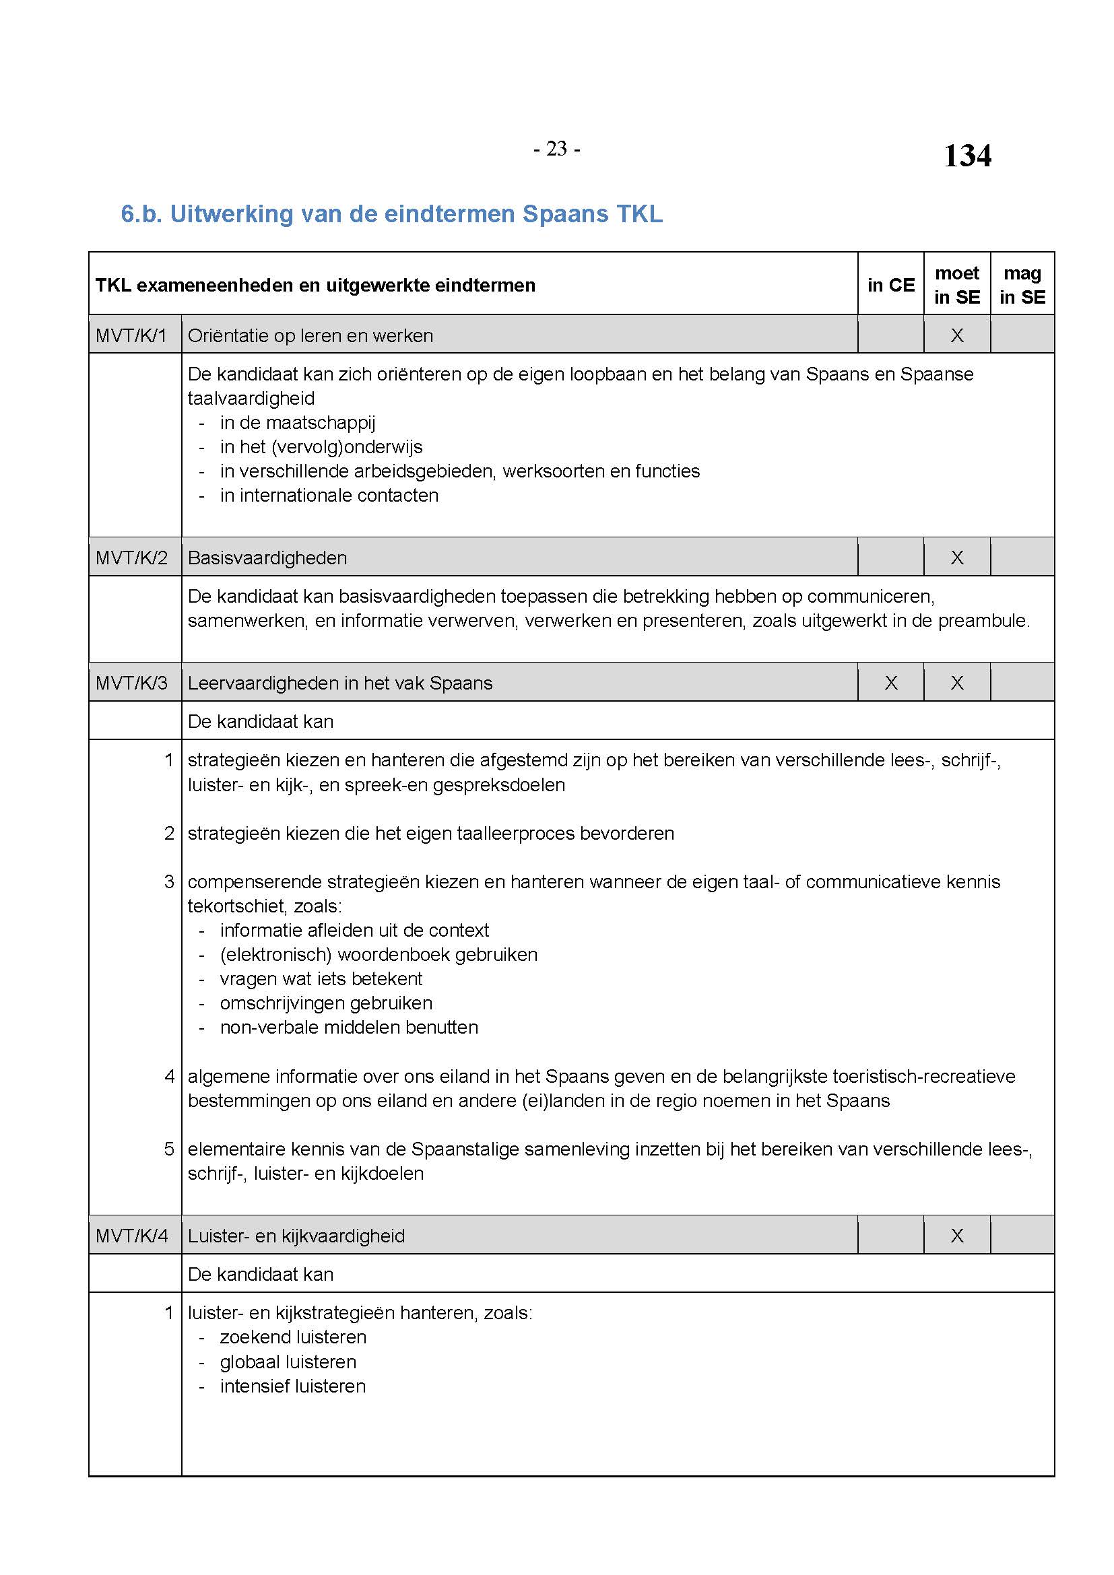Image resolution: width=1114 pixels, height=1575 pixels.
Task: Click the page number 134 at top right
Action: pos(966,156)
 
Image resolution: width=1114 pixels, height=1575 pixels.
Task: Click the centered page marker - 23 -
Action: pos(556,149)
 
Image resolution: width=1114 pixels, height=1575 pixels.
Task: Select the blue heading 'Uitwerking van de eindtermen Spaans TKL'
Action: pos(392,214)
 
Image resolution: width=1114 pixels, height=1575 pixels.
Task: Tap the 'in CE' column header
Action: pos(890,285)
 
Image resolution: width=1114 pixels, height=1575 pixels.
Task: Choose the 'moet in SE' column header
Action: pos(956,285)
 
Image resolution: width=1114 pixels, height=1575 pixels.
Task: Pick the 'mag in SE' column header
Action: pos(1022,285)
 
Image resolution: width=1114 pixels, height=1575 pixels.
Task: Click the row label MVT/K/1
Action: pos(132,335)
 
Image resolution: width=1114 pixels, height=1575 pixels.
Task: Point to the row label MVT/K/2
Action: pos(132,558)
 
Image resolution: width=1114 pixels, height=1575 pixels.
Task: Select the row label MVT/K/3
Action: pos(132,683)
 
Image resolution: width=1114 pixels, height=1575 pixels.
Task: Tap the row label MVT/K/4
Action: pos(132,1236)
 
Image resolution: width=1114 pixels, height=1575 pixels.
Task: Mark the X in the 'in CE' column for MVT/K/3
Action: pos(890,683)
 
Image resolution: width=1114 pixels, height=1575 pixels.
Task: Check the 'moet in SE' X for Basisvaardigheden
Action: pos(956,558)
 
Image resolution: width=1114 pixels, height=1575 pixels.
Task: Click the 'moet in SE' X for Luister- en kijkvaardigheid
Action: pos(956,1236)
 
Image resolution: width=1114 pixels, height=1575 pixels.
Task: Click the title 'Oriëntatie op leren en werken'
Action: pos(310,335)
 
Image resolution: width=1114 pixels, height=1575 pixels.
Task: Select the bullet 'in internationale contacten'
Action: pos(329,496)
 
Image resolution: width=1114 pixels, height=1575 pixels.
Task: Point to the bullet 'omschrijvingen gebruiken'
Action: pos(326,1003)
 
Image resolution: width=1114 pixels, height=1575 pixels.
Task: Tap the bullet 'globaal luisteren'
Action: pos(288,1362)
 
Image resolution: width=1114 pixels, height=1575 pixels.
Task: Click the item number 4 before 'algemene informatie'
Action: pos(170,1076)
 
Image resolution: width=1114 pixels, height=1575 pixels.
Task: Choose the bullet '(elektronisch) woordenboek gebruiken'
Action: pos(379,954)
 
